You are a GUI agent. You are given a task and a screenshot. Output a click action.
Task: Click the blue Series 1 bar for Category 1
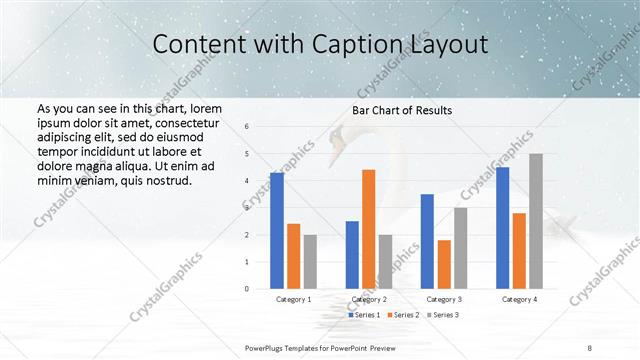coord(277,231)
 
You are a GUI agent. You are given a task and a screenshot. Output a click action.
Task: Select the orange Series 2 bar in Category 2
coord(368,229)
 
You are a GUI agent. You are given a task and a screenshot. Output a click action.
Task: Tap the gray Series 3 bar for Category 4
coord(536,221)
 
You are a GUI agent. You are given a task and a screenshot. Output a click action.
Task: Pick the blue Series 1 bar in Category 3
coord(427,241)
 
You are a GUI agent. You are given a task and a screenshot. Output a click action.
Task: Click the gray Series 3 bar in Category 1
coord(310,261)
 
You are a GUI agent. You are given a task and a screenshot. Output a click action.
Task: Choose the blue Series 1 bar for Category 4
coord(503,228)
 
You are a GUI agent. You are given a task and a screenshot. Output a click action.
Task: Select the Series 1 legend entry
coord(366,315)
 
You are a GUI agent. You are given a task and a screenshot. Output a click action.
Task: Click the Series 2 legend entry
coord(404,315)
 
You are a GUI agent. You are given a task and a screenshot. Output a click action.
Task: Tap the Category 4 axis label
coord(519,299)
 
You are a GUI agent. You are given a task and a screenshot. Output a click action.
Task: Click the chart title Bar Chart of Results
coord(402,110)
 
